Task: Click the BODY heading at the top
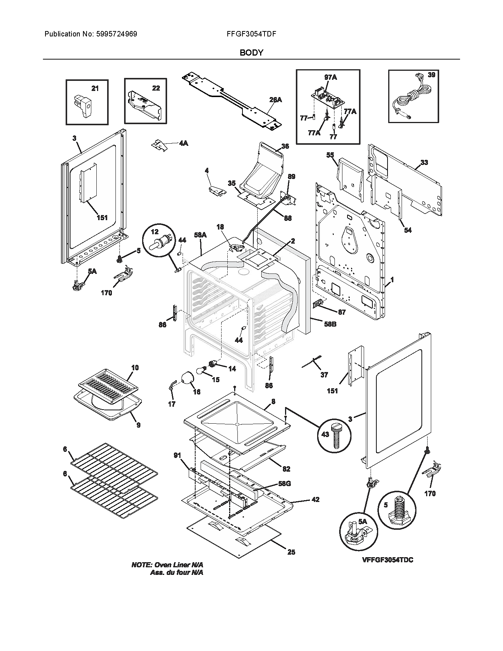(251, 53)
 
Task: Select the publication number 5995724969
(116, 34)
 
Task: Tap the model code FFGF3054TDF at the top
(251, 34)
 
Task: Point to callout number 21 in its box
(95, 88)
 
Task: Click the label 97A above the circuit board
(331, 78)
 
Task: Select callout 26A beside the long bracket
(275, 100)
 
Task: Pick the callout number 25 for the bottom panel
(291, 552)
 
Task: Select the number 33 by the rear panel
(424, 162)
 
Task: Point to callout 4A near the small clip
(183, 143)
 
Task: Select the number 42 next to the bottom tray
(315, 500)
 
